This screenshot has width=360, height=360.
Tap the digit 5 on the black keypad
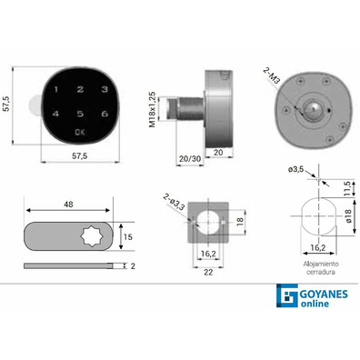coord(80,114)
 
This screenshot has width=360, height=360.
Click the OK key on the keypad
coord(80,132)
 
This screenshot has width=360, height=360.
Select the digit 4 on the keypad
coord(55,114)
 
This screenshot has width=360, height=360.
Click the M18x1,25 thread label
coord(153,109)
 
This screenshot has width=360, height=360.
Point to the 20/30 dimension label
coord(190,158)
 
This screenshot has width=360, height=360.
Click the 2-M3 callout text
coord(271,77)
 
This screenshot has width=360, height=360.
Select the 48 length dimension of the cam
coord(68,205)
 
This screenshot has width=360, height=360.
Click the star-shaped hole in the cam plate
coord(93,236)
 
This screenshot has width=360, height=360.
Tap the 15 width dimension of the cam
coord(128,236)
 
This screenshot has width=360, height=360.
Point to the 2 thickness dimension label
coord(133,266)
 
